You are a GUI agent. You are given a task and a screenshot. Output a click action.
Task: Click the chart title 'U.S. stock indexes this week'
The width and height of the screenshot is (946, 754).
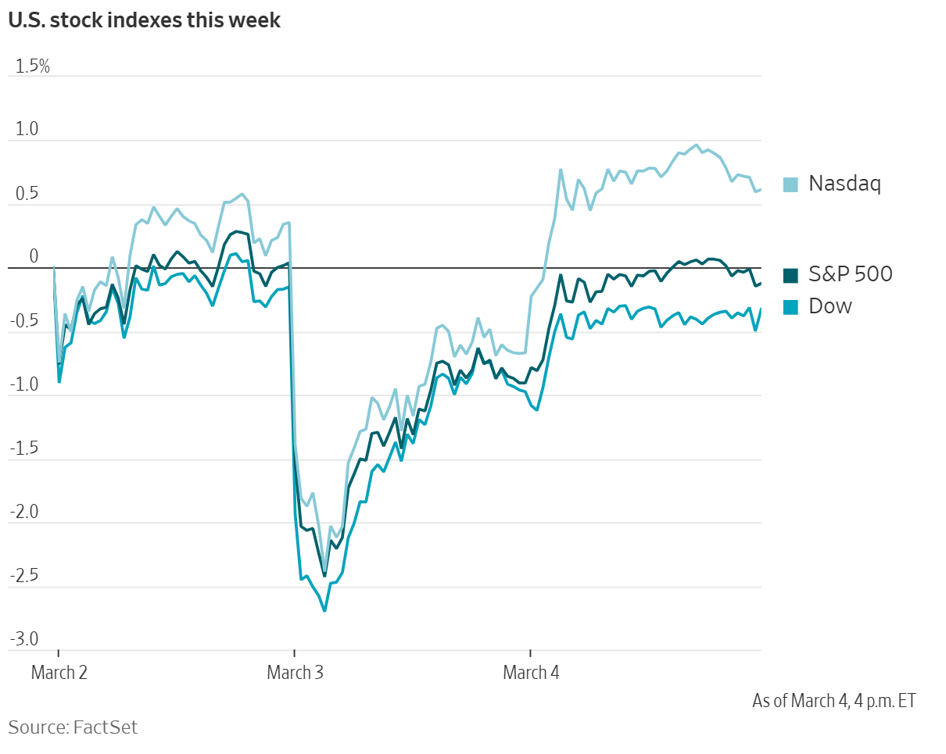144,21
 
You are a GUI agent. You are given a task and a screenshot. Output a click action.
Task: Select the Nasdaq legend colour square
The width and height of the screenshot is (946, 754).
791,184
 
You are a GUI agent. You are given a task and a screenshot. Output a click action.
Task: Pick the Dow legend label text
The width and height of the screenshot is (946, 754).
830,306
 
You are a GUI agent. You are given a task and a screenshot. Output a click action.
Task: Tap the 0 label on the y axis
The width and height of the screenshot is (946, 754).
34,257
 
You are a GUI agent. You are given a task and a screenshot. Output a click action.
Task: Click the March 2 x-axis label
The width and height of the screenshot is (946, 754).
59,672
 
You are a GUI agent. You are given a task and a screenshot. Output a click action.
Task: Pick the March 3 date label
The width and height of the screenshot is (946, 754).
295,672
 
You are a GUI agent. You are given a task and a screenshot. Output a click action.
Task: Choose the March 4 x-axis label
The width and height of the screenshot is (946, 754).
531,672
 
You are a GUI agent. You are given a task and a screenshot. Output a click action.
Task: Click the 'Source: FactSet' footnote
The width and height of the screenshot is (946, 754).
73,727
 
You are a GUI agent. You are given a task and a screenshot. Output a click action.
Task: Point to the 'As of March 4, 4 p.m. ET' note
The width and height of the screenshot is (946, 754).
833,700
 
